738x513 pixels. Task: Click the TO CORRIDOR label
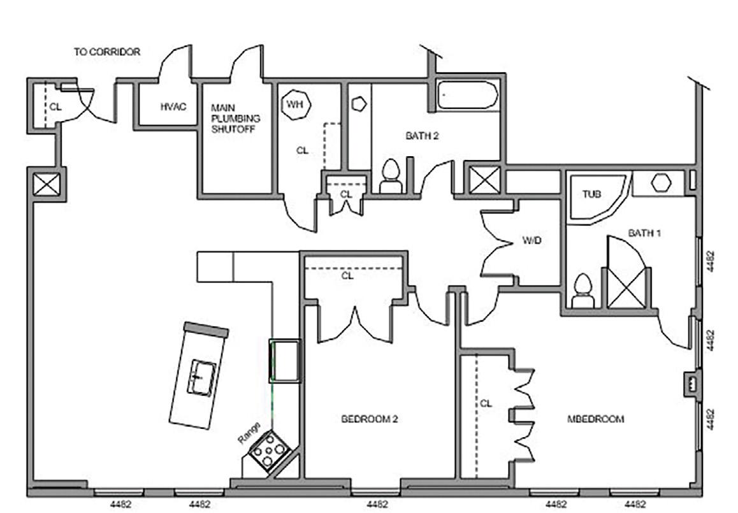tap(106, 52)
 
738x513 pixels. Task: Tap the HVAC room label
tap(173, 106)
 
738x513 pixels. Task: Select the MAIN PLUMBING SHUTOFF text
tap(236, 118)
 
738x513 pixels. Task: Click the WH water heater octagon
tap(294, 104)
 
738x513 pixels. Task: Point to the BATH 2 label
tap(422, 136)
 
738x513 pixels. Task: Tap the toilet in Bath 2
tap(390, 177)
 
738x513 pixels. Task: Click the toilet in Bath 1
tap(582, 291)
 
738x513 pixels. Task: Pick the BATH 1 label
tap(644, 233)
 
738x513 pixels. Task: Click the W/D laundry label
tap(531, 242)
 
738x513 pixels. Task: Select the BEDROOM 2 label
tap(370, 419)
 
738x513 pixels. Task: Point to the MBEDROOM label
tap(595, 419)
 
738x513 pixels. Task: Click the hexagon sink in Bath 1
tap(662, 183)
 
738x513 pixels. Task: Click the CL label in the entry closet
tap(56, 107)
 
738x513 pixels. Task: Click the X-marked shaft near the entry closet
tap(47, 185)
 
